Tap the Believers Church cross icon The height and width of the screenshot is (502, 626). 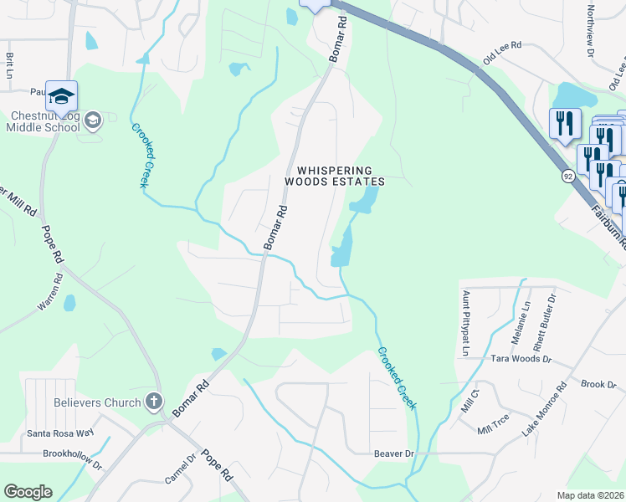click(153, 402)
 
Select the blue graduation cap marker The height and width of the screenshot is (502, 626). click(62, 97)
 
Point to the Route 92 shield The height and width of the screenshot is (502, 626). click(568, 177)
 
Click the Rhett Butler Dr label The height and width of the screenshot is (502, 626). click(552, 320)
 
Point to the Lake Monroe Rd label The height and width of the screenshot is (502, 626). click(544, 410)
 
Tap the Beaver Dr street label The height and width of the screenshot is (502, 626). click(393, 453)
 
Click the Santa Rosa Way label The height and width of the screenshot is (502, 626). click(60, 433)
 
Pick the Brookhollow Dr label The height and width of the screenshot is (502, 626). click(72, 454)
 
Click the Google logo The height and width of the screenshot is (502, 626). click(28, 492)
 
